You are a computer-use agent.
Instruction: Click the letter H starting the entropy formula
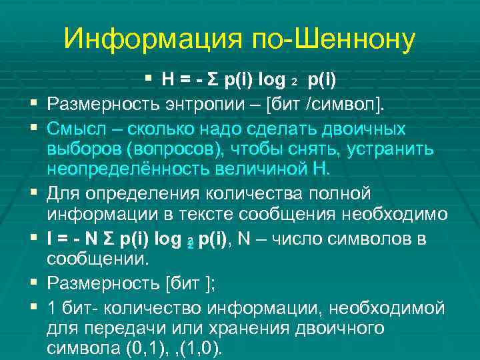coord(167,81)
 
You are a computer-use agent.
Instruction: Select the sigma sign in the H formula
coord(213,81)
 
